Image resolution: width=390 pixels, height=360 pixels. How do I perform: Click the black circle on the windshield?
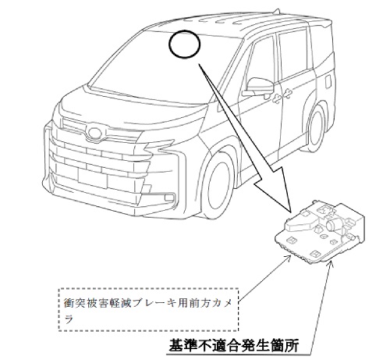(x=169, y=44)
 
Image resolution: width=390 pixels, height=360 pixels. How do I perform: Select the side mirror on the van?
(x=257, y=87)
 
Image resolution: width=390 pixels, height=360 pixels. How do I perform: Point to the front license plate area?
(x=92, y=177)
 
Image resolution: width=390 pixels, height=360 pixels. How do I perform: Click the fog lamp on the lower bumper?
(x=169, y=198)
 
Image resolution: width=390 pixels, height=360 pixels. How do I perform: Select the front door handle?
(x=276, y=98)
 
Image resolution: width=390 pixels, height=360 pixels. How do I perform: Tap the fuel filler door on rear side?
(x=328, y=80)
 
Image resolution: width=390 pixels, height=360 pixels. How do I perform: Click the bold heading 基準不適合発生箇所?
(x=233, y=345)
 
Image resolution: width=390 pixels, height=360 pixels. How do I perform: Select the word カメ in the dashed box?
(x=222, y=304)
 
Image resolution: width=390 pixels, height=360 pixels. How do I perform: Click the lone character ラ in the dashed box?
(x=69, y=319)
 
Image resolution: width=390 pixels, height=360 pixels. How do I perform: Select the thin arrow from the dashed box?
(x=264, y=278)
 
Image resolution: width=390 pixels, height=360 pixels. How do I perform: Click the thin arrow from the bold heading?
(x=321, y=306)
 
